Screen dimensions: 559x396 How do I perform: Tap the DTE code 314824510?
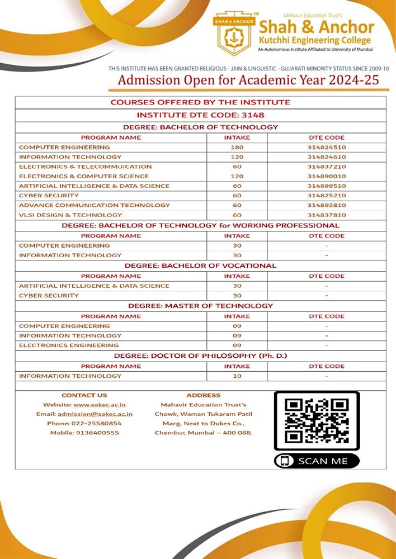coord(327,147)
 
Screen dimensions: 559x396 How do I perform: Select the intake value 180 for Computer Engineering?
coord(237,147)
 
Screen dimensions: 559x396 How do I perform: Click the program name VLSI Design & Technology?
coord(70,215)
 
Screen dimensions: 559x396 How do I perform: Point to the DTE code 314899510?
coord(327,186)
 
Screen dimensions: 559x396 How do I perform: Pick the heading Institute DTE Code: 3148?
coord(200,115)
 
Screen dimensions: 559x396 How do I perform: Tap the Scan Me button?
coord(317,461)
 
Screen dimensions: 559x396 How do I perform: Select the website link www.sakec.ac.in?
coord(103,404)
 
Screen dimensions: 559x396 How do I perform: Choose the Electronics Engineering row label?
coord(69,345)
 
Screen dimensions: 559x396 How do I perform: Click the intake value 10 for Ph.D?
coord(237,376)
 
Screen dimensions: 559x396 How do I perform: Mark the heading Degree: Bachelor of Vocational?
coord(200,266)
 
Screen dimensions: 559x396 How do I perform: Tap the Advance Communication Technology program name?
coord(95,205)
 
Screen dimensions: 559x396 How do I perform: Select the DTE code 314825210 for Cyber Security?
coord(327,196)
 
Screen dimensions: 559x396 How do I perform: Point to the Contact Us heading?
coord(84,395)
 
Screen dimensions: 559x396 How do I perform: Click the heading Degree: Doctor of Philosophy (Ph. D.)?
coord(200,356)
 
